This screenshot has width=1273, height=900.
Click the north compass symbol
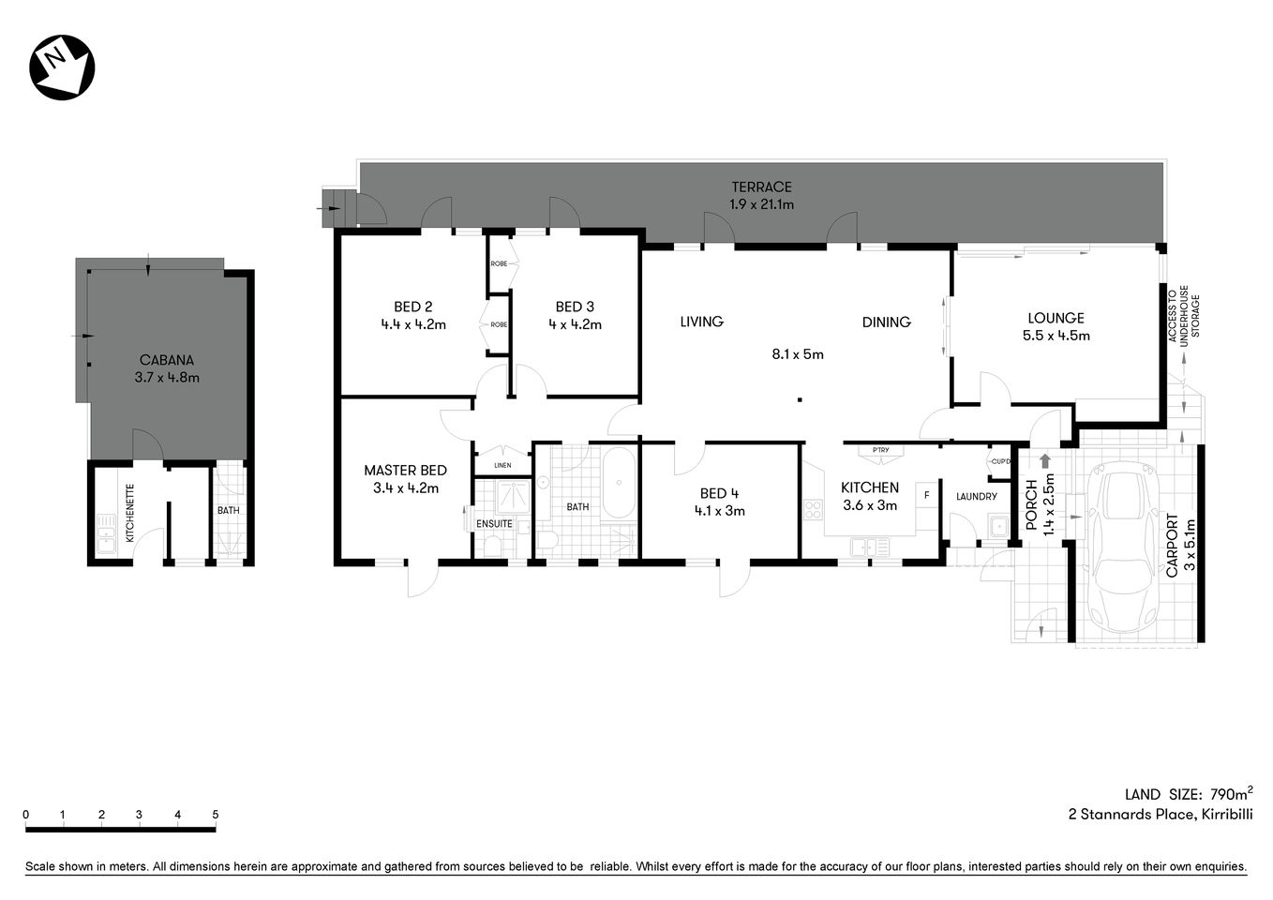63,67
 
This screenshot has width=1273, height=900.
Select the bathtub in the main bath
618,483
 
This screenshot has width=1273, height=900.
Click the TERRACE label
761,187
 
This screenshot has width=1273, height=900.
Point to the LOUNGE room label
1056,318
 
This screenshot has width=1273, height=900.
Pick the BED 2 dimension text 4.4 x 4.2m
412,324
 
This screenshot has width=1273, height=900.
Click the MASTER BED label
405,471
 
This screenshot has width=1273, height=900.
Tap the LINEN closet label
502,465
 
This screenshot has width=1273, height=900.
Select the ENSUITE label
494,523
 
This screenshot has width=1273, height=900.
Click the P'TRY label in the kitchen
880,451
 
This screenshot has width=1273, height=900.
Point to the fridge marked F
927,494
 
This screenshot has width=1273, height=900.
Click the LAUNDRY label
976,496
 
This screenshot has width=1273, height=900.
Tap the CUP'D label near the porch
1000,461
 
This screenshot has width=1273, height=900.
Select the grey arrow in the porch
1045,460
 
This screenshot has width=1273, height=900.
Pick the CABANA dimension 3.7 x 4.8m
167,378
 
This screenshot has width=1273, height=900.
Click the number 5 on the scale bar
216,815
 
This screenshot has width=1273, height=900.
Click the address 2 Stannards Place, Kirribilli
1160,815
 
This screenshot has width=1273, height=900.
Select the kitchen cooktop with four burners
813,510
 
